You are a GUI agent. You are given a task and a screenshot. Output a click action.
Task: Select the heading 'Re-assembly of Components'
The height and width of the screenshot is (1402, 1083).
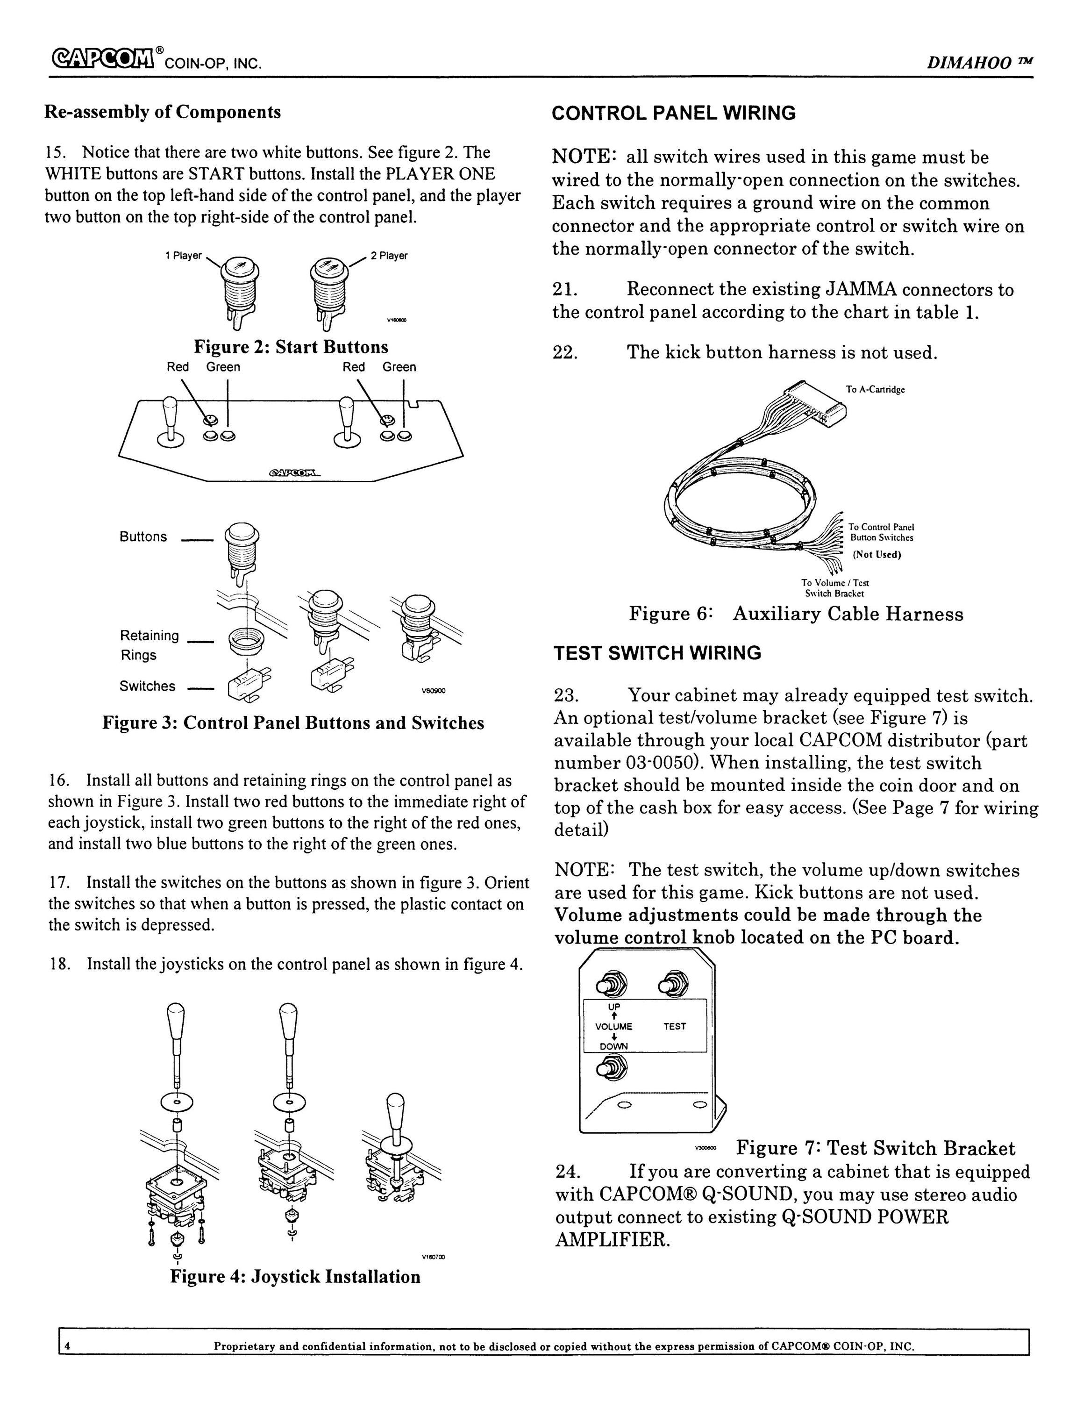point(162,112)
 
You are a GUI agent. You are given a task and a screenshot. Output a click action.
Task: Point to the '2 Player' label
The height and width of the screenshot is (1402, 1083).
point(389,256)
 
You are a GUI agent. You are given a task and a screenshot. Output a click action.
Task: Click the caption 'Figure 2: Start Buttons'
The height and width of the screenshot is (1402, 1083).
point(291,347)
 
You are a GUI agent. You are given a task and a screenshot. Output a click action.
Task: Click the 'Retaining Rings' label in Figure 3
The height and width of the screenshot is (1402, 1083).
point(149,645)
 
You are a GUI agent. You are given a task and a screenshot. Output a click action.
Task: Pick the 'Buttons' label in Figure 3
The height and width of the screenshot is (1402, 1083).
point(143,536)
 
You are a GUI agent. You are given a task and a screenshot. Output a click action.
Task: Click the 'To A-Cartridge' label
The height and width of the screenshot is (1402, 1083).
point(875,390)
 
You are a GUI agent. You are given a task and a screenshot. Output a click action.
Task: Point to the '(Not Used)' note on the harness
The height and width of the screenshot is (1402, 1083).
point(876,555)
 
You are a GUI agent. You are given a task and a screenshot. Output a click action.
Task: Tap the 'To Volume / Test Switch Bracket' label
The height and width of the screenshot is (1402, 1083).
point(835,588)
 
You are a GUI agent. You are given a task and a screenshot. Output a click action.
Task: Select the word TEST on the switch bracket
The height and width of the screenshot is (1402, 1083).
point(674,1026)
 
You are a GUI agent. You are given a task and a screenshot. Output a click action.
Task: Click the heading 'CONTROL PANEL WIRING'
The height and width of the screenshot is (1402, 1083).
point(674,114)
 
